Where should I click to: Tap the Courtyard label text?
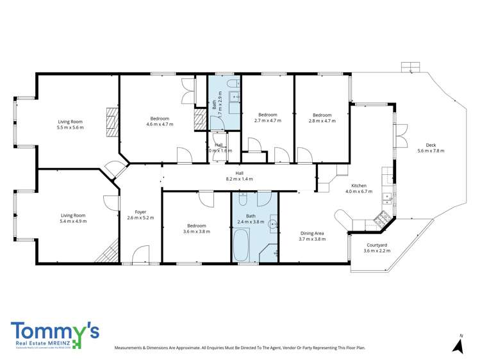point(376,247)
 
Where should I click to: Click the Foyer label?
point(140,215)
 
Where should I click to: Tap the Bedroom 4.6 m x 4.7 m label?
point(160,122)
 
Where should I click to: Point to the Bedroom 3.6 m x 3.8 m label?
point(196,229)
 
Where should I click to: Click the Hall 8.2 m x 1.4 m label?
point(239,176)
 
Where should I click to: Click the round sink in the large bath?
point(272,224)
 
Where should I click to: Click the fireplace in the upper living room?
point(113,119)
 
